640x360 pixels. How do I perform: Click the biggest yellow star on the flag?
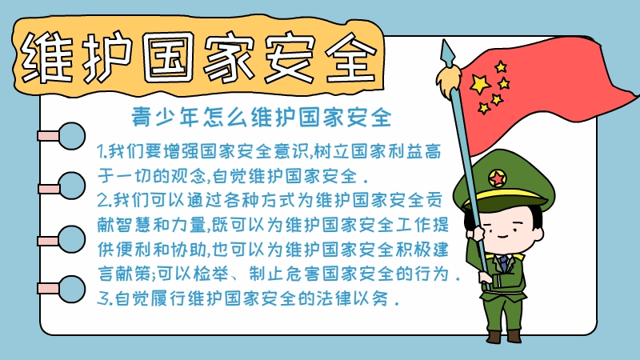(478, 82)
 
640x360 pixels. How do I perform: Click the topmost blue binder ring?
(71, 135)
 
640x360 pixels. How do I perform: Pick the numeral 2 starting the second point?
(100, 198)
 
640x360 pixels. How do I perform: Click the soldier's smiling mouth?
(502, 238)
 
